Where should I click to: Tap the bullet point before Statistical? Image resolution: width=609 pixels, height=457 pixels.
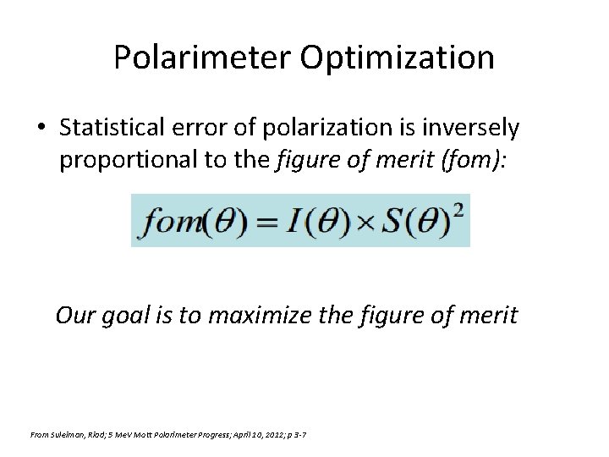pyautogui.click(x=41, y=129)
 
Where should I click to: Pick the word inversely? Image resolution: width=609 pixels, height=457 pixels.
pyautogui.click(x=475, y=128)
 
